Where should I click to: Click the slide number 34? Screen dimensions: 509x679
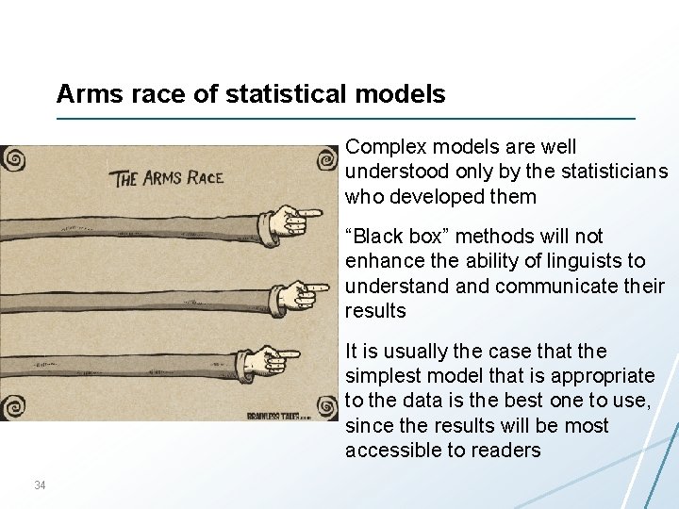tap(40, 485)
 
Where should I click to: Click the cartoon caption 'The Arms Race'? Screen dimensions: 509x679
tap(168, 177)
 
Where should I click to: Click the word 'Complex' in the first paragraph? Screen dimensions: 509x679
tap(382, 148)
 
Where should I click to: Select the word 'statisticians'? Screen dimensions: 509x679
tap(615, 172)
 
